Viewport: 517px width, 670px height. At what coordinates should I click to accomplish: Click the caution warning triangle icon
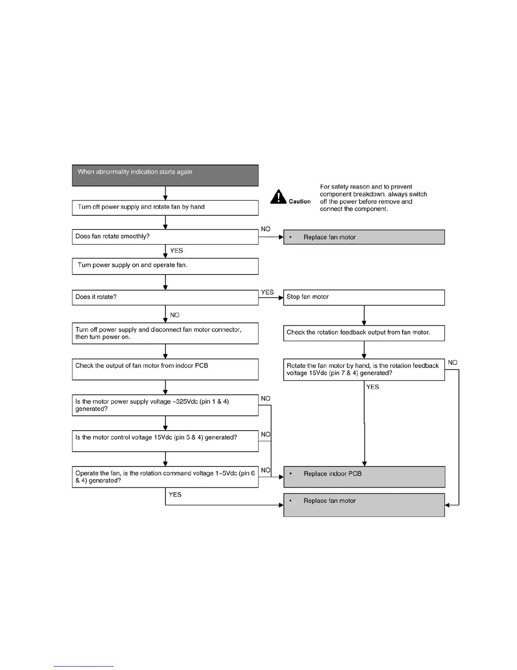click(x=278, y=197)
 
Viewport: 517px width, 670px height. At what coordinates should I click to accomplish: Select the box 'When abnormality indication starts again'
click(x=165, y=176)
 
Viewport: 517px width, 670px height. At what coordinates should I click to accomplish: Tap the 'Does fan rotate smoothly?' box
click(x=165, y=237)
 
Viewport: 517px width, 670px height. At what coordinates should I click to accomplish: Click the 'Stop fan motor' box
click(x=364, y=297)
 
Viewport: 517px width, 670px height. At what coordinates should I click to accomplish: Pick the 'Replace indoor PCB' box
click(x=364, y=477)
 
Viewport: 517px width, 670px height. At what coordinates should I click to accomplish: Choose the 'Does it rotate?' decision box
click(x=165, y=297)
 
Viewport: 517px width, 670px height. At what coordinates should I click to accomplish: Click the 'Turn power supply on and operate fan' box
click(x=165, y=266)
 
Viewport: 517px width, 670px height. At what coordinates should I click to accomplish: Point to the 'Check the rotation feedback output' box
click(x=364, y=333)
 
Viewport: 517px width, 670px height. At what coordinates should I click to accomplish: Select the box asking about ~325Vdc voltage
click(x=165, y=405)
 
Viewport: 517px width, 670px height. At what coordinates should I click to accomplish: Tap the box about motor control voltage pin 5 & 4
click(x=165, y=441)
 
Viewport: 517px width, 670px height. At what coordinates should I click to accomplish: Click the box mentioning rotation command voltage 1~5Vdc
click(x=165, y=477)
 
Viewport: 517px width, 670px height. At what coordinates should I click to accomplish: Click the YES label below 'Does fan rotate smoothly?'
click(x=177, y=250)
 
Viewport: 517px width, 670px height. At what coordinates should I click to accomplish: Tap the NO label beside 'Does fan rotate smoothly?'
click(x=266, y=229)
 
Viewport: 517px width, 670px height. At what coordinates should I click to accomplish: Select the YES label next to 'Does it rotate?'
click(x=267, y=292)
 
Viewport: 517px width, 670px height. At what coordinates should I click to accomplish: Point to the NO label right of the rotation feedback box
click(x=452, y=362)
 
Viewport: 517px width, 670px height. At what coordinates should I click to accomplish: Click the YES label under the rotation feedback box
click(x=373, y=387)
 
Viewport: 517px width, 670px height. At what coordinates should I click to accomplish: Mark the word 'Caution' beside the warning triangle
click(x=299, y=201)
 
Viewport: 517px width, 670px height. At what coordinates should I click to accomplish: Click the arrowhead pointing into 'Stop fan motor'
click(x=281, y=297)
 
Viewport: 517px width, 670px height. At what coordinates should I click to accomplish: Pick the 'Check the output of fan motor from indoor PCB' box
click(x=165, y=369)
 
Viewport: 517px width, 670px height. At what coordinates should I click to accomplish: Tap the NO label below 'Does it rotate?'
click(x=174, y=315)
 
